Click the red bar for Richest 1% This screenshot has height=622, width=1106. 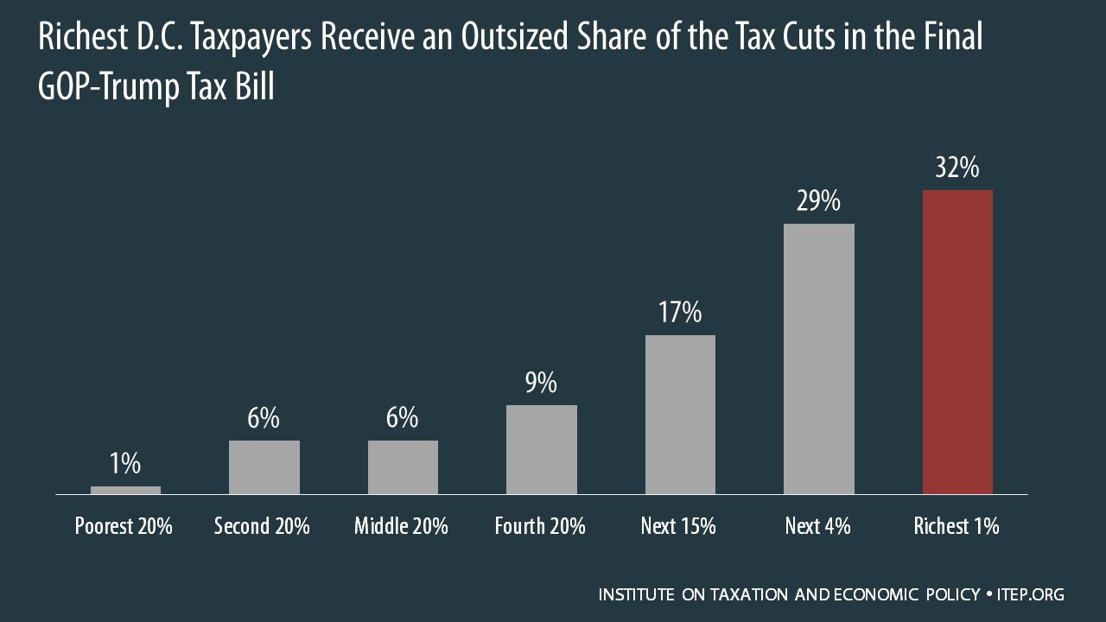coord(957,342)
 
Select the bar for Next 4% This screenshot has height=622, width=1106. coord(818,359)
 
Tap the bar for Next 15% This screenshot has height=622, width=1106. coord(680,415)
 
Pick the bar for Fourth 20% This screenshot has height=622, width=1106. coord(541,449)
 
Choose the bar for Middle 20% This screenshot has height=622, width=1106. coord(403,467)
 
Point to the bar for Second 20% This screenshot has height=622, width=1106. coord(264,467)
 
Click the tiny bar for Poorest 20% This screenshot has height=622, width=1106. coord(125,490)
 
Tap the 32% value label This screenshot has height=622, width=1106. coord(957,168)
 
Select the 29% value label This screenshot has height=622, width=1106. coord(818,202)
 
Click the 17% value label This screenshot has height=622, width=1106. coord(680,312)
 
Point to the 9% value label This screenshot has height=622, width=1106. coord(541,382)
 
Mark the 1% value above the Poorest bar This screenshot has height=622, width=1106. coord(125,464)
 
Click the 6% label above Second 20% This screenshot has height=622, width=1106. coord(264,418)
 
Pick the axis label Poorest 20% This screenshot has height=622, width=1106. coord(124,526)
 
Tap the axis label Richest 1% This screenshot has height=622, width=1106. coord(957,526)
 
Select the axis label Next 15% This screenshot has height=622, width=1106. coord(678,526)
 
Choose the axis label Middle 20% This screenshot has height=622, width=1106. coord(401,526)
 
